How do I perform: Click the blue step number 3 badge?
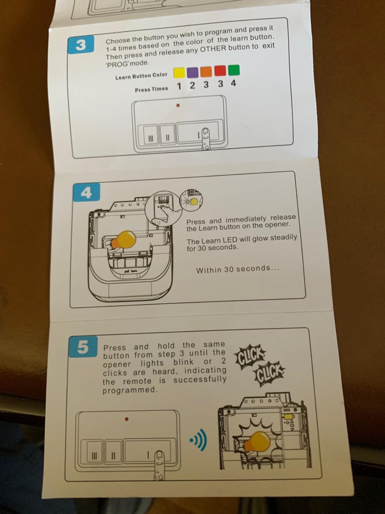click(81, 44)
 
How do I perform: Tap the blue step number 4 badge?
click(86, 192)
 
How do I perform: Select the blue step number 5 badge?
click(83, 347)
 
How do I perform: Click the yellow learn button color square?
click(179, 72)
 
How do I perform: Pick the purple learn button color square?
click(192, 72)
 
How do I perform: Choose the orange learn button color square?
click(206, 71)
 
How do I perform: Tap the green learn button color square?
click(234, 70)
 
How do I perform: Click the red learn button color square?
click(220, 71)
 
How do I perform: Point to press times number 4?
click(233, 83)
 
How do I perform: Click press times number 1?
click(179, 86)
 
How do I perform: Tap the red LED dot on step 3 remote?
click(178, 106)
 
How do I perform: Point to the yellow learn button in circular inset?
click(194, 201)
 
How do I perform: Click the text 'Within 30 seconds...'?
click(238, 269)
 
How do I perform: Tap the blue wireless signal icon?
click(198, 441)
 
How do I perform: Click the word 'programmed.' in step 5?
click(130, 390)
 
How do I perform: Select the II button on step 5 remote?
click(113, 455)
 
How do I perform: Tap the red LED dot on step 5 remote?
click(126, 419)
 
